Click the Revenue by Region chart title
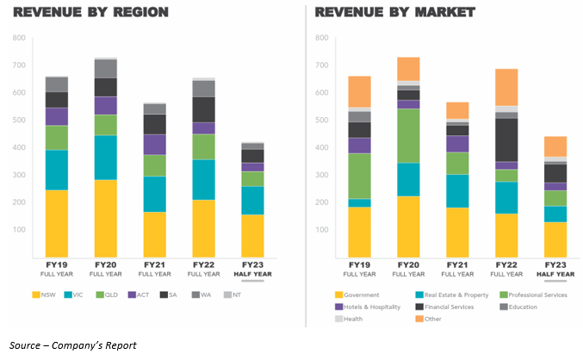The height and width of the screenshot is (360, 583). pyautogui.click(x=90, y=13)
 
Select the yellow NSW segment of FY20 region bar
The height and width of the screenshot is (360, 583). pyautogui.click(x=106, y=217)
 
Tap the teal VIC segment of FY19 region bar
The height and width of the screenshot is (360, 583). pyautogui.click(x=57, y=170)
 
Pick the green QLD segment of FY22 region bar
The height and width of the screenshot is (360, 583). pyautogui.click(x=203, y=146)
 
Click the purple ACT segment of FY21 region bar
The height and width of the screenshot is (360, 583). pyautogui.click(x=155, y=144)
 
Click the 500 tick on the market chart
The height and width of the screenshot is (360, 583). pyautogui.click(x=320, y=120)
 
